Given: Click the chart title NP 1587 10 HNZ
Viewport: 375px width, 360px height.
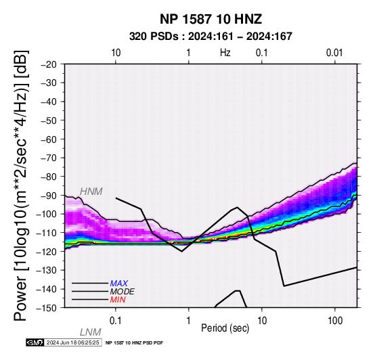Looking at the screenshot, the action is (x=211, y=19).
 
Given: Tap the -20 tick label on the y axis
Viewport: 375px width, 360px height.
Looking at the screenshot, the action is (x=49, y=64).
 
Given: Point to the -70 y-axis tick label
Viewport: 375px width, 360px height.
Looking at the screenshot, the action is (x=49, y=158).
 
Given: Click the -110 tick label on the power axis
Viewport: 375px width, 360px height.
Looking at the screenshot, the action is (x=47, y=233).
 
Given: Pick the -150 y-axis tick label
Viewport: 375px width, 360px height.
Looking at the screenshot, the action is (x=47, y=308).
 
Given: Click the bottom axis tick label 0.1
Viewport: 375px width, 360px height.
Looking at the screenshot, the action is (x=116, y=321).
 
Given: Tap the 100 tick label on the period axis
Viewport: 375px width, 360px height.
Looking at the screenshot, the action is (x=335, y=321).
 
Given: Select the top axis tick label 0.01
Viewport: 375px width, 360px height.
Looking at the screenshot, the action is (x=334, y=53).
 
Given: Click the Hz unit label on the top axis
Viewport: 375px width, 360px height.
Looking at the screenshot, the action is (x=225, y=53).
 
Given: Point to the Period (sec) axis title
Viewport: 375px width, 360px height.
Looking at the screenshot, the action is (x=225, y=328).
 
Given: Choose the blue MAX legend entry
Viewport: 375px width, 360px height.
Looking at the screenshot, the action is (x=119, y=284).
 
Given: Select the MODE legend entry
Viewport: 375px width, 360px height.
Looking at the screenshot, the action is (x=123, y=292).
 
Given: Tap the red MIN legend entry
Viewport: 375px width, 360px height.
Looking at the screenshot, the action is (x=118, y=300).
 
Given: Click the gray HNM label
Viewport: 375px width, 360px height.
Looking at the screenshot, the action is (x=91, y=192).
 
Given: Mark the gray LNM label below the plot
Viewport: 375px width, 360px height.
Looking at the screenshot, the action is (x=91, y=332).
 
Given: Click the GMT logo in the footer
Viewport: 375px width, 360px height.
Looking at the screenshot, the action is (x=35, y=343).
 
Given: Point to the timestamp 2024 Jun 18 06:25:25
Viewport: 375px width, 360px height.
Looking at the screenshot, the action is (x=72, y=343).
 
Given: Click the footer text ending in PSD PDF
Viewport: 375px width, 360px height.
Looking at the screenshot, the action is (x=135, y=343).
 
